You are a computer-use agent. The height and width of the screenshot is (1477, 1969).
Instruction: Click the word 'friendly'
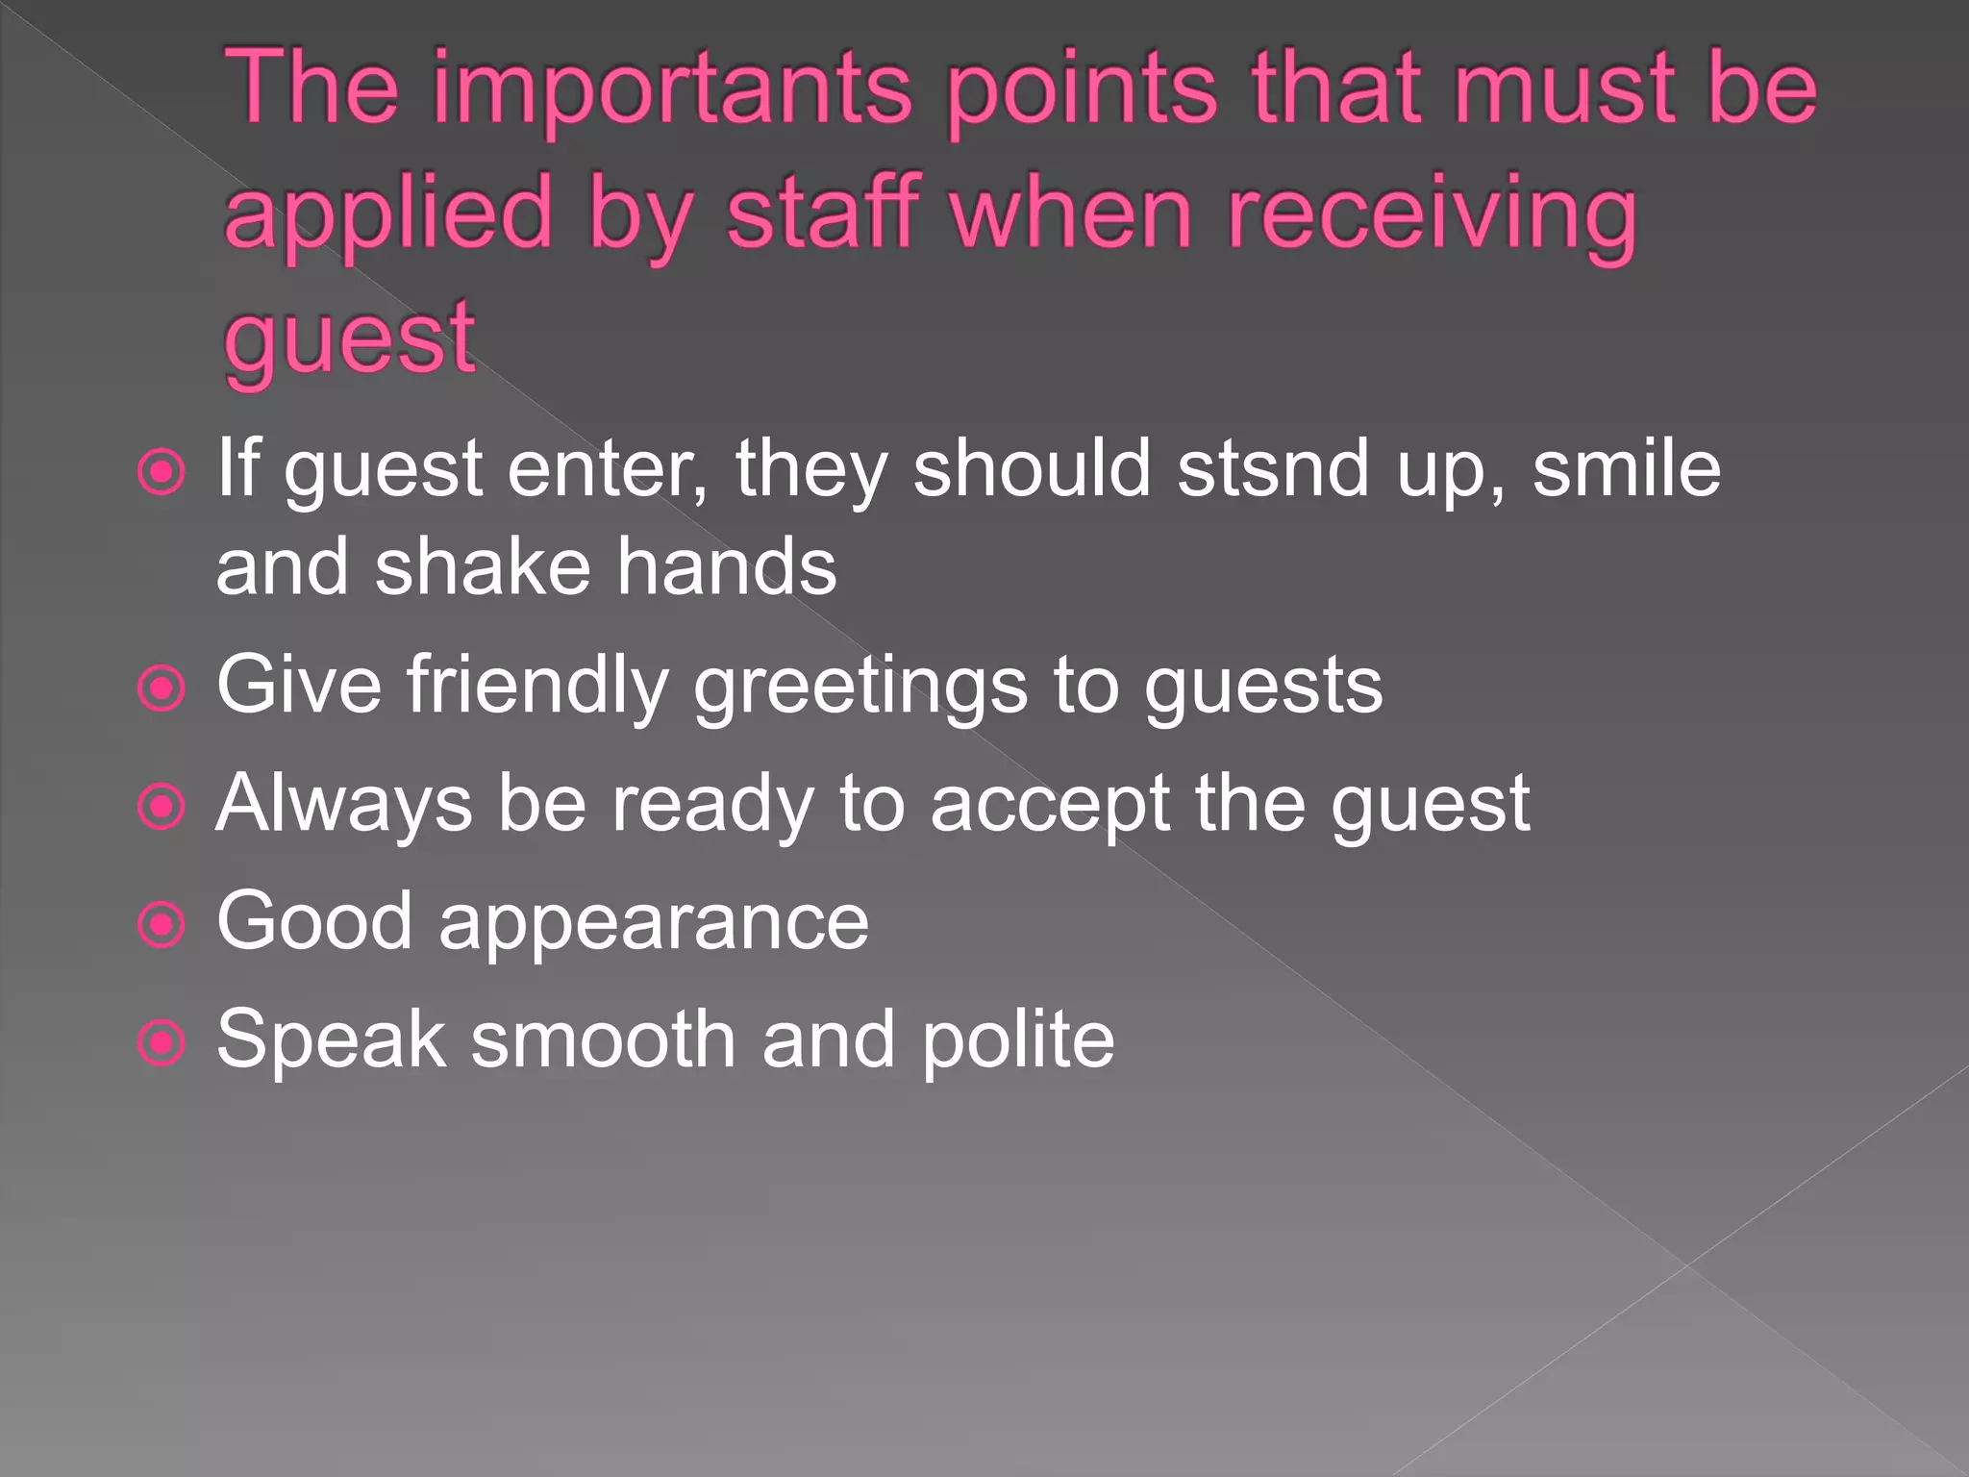click(x=537, y=687)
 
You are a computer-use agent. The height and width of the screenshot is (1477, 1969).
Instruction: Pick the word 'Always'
click(x=344, y=806)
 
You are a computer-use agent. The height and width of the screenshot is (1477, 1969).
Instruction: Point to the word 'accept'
click(x=1050, y=806)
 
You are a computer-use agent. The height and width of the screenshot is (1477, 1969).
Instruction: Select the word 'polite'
click(x=1018, y=1041)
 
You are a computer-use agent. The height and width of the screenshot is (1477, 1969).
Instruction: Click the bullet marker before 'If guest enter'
click(x=162, y=472)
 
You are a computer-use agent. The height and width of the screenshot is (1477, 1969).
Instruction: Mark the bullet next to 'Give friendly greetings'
click(x=162, y=688)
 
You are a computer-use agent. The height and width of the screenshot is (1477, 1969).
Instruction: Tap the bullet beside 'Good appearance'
click(x=162, y=925)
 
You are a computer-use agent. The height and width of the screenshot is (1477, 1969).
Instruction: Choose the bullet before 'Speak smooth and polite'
click(x=162, y=1043)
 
